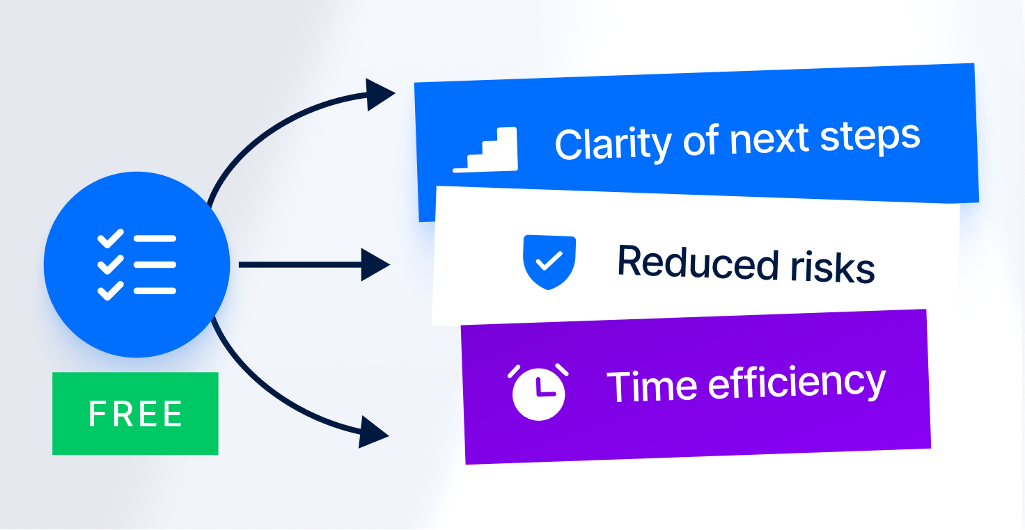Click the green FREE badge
point(135,413)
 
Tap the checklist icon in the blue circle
point(136,264)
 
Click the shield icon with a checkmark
point(549,262)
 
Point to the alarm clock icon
point(538,392)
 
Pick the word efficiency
point(796,382)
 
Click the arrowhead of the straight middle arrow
point(376,265)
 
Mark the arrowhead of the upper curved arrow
point(380,94)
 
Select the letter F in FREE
point(97,414)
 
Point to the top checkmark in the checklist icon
point(110,239)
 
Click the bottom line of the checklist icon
point(155,290)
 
